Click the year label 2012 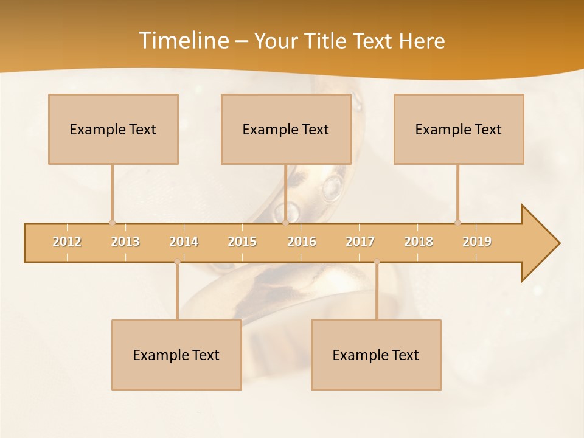67,242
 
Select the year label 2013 125,242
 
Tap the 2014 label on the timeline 184,242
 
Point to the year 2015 242,242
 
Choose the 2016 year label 302,242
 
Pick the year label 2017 360,242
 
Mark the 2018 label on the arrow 419,242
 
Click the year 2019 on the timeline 477,242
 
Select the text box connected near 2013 113,129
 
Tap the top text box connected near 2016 286,129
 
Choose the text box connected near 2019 459,129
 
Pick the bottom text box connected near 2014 176,355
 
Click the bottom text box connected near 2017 376,355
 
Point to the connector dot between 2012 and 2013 112,223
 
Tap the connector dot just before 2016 285,223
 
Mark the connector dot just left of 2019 457,223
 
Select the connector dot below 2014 177,262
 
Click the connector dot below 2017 377,262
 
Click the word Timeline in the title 183,41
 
